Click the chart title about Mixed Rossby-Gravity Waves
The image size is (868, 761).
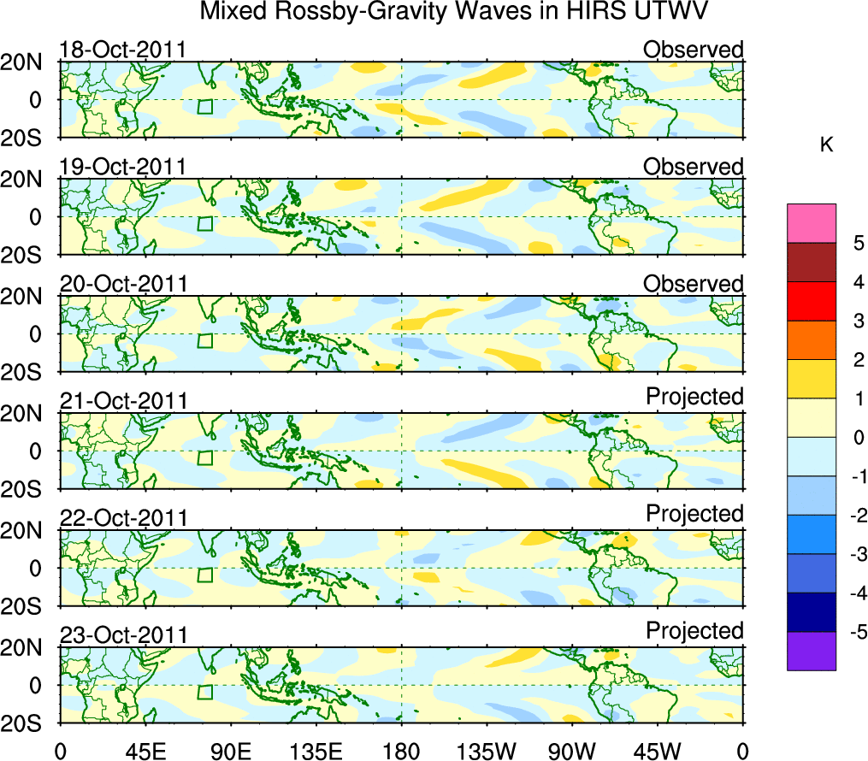455,13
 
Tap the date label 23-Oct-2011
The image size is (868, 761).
122,635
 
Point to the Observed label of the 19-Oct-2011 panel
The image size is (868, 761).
694,167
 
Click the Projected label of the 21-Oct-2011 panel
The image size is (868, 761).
694,397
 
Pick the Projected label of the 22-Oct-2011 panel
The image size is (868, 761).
694,514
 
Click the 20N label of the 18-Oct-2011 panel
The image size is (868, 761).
28,62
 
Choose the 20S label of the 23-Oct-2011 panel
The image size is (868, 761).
28,723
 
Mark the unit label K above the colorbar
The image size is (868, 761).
826,146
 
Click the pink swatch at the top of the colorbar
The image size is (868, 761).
812,224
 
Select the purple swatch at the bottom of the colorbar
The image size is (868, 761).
812,651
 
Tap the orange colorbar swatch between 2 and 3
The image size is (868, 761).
812,340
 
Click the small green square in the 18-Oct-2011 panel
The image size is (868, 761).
204,106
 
